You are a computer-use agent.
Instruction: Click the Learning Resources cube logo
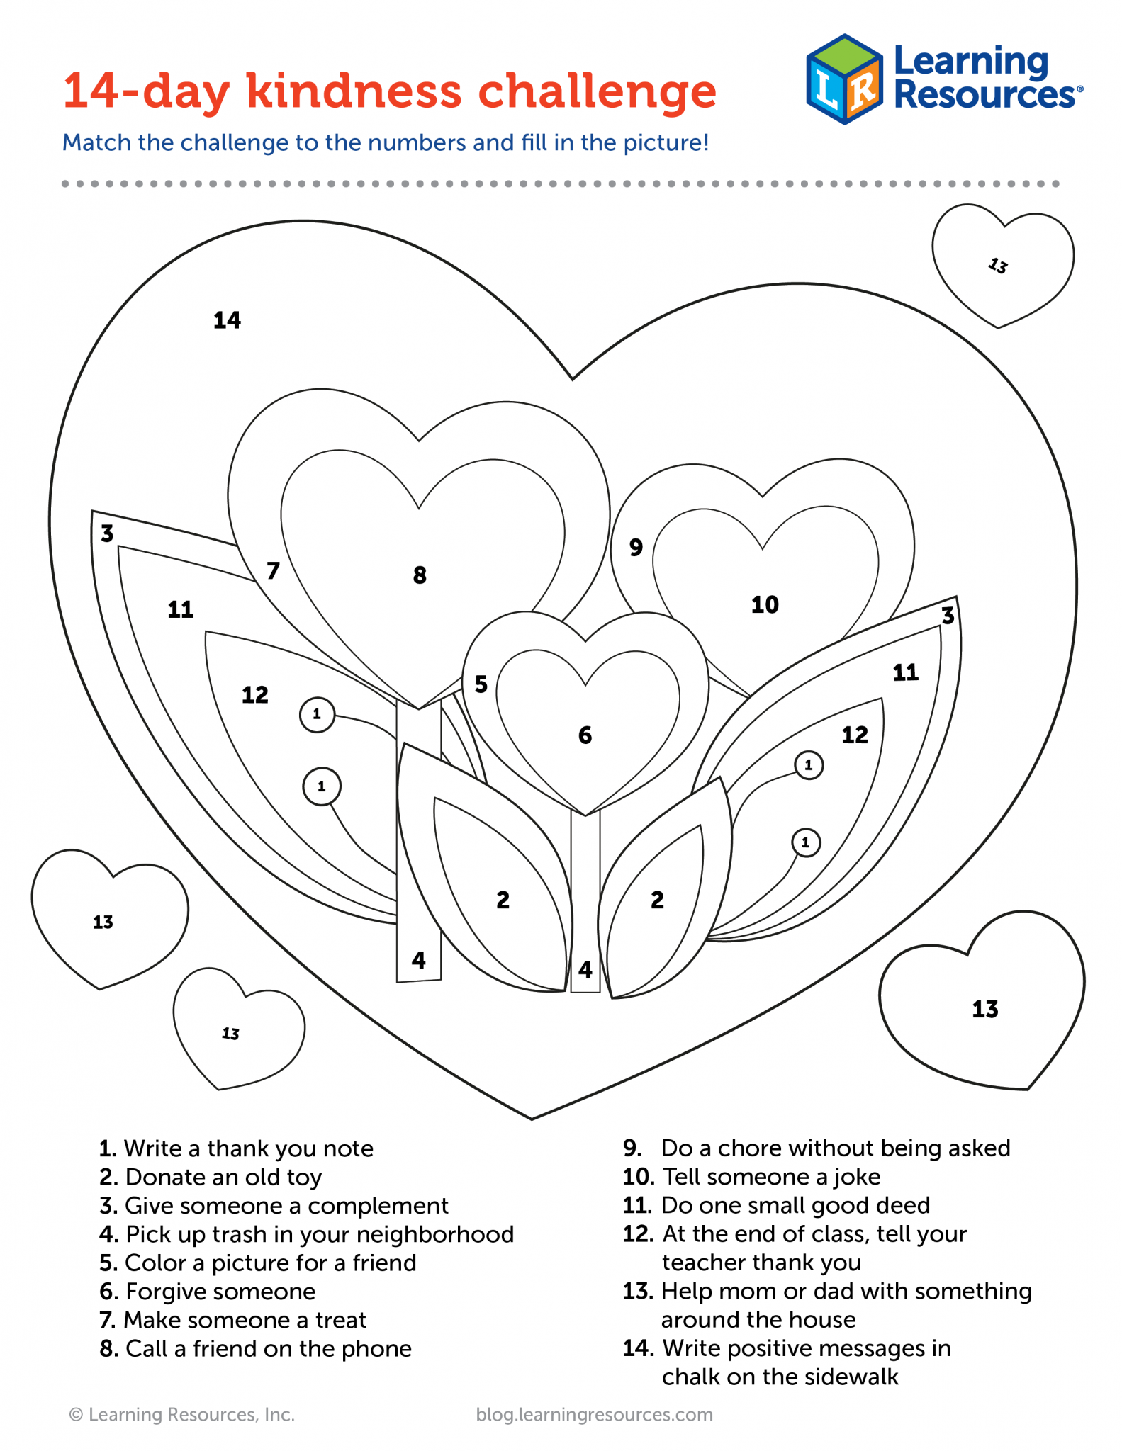[x=844, y=79]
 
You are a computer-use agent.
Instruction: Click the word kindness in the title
[x=354, y=91]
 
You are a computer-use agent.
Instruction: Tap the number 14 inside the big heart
[x=227, y=320]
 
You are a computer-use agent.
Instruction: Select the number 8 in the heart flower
[x=420, y=575]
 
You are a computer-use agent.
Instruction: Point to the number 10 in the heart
[x=765, y=604]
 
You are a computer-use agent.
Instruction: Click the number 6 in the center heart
[x=585, y=735]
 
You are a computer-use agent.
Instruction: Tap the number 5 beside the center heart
[x=481, y=684]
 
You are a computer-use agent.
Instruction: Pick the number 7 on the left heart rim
[x=273, y=570]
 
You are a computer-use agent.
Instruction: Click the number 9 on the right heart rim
[x=636, y=547]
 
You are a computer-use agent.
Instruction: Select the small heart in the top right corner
[x=1002, y=266]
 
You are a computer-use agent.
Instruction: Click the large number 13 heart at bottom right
[x=982, y=1000]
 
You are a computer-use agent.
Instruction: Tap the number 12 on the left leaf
[x=255, y=695]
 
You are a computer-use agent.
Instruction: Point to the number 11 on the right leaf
[x=906, y=672]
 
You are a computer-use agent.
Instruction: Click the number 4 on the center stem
[x=585, y=969]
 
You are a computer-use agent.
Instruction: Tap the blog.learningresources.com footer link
[x=595, y=1415]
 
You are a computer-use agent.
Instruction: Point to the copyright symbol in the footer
[x=76, y=1415]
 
